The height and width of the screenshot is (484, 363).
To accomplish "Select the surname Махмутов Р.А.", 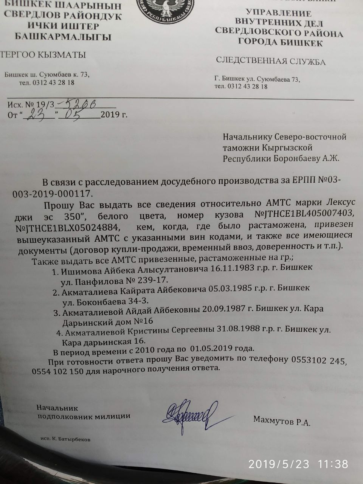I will (282, 420).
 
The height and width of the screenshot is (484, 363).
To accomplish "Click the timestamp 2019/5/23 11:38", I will (298, 464).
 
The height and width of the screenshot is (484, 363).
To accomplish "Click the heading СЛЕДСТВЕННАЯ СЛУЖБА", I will (270, 61).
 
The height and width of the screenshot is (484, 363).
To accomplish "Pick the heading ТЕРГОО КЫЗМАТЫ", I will (43, 54).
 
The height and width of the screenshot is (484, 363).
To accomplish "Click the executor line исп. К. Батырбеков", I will (66, 439).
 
